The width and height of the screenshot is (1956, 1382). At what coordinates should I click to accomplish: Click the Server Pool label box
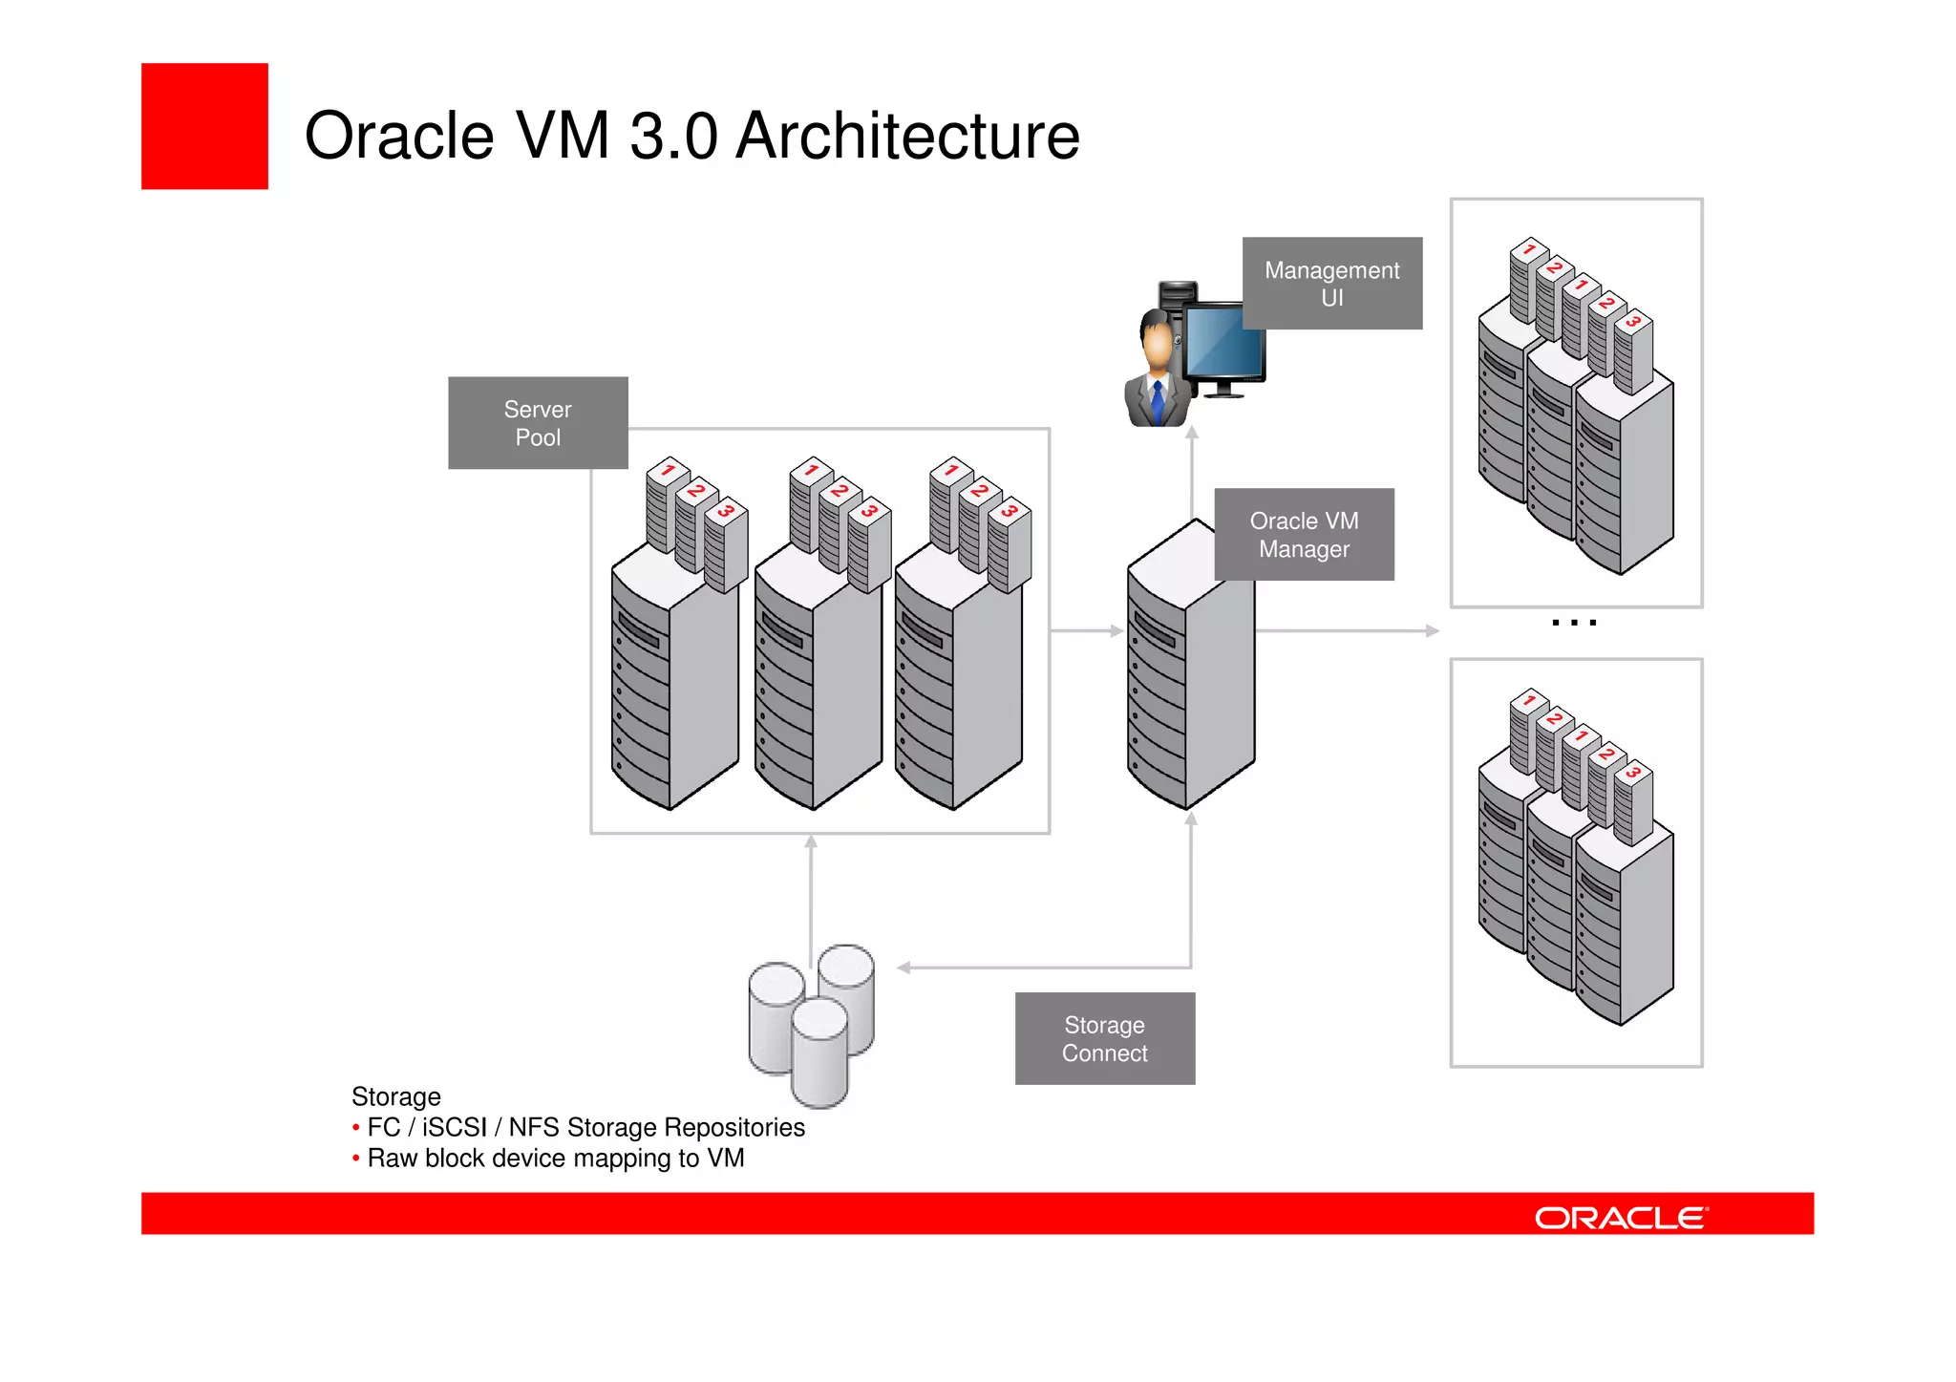coord(538,423)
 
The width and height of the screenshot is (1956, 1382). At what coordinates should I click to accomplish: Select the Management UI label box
coord(1331,284)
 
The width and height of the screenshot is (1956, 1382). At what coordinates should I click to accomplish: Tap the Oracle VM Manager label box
coord(1304,535)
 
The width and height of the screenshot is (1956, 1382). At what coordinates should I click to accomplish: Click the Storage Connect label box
coord(1104,1039)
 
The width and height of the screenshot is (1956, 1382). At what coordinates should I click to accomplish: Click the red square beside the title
coord(204,126)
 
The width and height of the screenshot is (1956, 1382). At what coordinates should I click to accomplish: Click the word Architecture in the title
coord(907,136)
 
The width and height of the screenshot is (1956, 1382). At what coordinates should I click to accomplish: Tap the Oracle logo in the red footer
coord(1621,1218)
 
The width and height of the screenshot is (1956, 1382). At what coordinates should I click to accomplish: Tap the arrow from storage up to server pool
coord(811,898)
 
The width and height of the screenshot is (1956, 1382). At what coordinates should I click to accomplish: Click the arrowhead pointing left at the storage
coord(904,968)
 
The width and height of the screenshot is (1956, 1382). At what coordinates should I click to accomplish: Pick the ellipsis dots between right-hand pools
coord(1574,623)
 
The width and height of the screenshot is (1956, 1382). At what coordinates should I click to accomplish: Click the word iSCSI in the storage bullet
coord(455,1128)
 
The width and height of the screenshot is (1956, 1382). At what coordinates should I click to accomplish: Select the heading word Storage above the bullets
coord(396,1096)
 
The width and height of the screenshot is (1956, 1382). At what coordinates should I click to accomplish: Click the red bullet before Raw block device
coord(356,1159)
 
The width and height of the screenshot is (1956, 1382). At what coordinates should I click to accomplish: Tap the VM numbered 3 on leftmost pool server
coord(727,544)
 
